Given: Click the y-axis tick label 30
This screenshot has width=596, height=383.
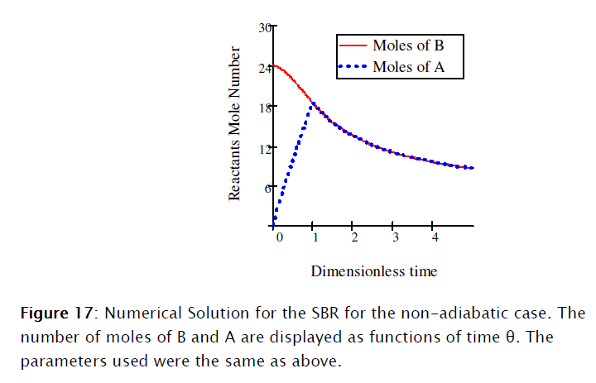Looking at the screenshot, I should pyautogui.click(x=264, y=28).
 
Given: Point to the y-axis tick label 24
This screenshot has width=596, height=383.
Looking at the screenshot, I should pyautogui.click(x=264, y=68).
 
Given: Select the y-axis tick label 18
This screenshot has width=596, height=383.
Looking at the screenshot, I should pyautogui.click(x=264, y=108).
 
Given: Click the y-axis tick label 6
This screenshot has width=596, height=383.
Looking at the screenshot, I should pyautogui.click(x=267, y=188).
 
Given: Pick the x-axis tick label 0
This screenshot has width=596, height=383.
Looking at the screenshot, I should pyautogui.click(x=279, y=238).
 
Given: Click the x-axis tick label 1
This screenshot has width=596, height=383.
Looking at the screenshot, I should pyautogui.click(x=313, y=238).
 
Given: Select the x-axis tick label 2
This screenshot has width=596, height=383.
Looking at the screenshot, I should pyautogui.click(x=353, y=238).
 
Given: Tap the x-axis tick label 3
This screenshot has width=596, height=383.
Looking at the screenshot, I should pyautogui.click(x=394, y=238).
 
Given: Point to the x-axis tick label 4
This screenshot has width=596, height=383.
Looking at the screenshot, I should pyautogui.click(x=435, y=238).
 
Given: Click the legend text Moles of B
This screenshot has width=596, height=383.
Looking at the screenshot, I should pyautogui.click(x=408, y=45).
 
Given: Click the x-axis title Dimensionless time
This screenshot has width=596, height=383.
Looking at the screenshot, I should pyautogui.click(x=374, y=270).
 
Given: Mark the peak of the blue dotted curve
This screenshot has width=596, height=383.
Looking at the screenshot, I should pyautogui.click(x=313, y=103).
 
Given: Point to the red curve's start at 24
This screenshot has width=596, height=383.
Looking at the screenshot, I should pyautogui.click(x=274, y=65).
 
